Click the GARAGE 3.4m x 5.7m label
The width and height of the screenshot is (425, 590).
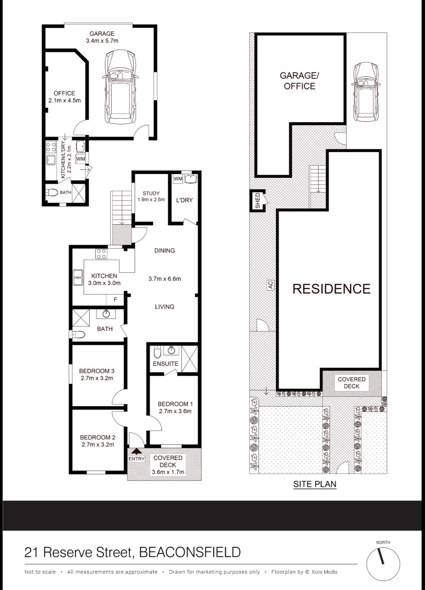tap(102, 37)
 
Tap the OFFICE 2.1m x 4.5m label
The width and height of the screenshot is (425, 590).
tap(65, 97)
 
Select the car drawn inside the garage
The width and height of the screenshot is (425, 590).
tap(120, 87)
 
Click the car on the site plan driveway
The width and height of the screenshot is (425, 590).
tap(366, 92)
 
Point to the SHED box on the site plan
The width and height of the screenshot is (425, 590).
tap(258, 201)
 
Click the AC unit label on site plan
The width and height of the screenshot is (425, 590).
tap(270, 285)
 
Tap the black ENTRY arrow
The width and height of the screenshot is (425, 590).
tap(136, 451)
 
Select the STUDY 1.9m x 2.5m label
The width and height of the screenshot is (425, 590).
tap(151, 197)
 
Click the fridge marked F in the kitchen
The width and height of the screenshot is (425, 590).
tap(115, 300)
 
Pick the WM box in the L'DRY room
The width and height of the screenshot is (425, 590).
tap(178, 179)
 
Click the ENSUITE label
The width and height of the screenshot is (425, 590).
tap(165, 364)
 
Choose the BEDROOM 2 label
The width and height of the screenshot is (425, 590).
tap(97, 438)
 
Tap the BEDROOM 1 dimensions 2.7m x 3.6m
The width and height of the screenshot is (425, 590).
tap(175, 411)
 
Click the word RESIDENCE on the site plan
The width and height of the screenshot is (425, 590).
tap(331, 289)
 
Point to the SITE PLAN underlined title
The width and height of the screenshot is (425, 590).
tap(315, 484)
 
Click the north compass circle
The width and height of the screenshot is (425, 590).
tap(383, 564)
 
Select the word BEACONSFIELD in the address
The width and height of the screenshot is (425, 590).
tap(190, 552)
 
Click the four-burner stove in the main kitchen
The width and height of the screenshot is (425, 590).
tap(102, 253)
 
